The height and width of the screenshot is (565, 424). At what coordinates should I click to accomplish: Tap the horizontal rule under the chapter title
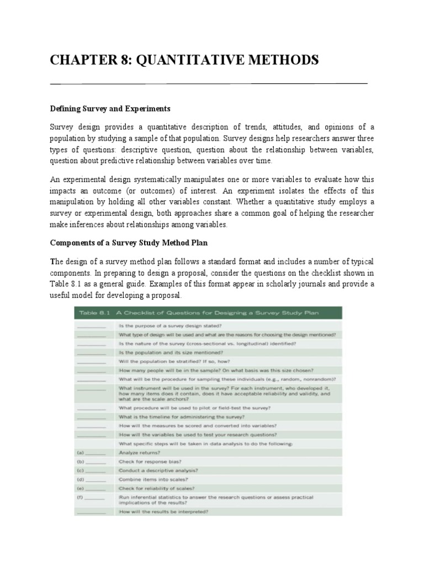[x=209, y=83]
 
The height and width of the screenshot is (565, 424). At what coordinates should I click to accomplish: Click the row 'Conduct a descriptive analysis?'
[x=159, y=471]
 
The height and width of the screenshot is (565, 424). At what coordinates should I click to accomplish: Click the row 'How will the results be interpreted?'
[x=163, y=511]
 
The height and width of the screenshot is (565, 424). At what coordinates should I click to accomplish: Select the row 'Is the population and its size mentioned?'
[x=171, y=352]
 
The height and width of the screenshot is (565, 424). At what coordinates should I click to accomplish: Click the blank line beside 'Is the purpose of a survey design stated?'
[x=92, y=326]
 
